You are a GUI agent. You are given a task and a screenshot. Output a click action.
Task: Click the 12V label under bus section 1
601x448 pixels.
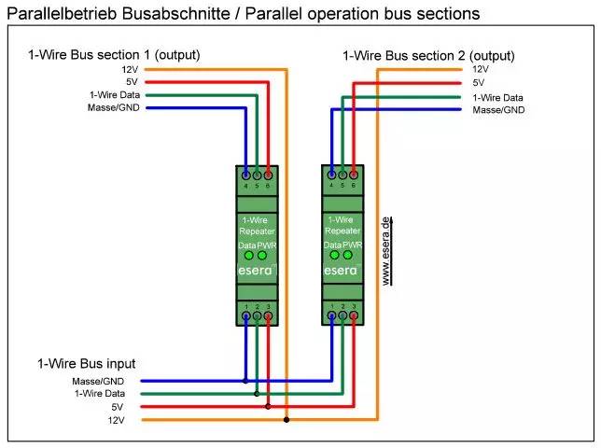[x=129, y=69]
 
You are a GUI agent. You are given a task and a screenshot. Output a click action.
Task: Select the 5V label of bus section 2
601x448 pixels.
[x=480, y=82]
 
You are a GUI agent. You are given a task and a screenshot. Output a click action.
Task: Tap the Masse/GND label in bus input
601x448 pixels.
[x=112, y=381]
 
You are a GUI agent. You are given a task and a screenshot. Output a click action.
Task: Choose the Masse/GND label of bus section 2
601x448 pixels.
[x=498, y=109]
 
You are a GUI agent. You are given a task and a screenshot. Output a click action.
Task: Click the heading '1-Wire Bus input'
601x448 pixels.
[x=87, y=362]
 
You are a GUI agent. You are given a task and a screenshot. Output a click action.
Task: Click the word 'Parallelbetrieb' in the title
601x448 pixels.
[x=55, y=14]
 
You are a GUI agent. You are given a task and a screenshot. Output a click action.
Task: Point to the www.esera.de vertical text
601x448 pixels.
[x=386, y=250]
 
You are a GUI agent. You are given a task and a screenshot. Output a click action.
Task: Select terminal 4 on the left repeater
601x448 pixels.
[x=245, y=175]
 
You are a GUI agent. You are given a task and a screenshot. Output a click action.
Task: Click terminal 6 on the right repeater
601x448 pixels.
[x=354, y=175]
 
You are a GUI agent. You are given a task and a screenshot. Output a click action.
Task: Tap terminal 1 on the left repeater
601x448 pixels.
[x=245, y=316]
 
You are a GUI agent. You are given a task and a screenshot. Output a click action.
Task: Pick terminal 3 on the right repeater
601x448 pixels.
[x=354, y=316]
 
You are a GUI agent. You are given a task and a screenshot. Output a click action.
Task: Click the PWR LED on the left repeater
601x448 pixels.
[x=262, y=255]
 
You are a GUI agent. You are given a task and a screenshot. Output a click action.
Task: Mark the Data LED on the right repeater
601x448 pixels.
[x=334, y=255]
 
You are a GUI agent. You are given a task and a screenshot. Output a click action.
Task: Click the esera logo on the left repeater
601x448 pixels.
[x=255, y=271]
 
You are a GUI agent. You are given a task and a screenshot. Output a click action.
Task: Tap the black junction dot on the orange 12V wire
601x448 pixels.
[x=286, y=420]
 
